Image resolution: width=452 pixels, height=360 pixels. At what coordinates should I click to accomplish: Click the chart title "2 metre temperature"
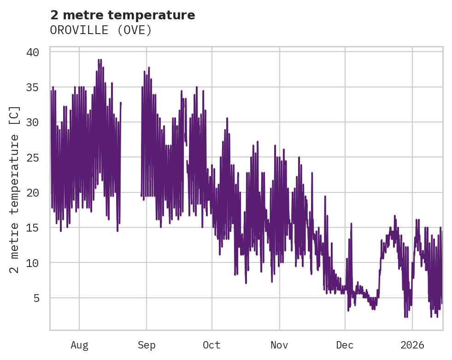[123, 15]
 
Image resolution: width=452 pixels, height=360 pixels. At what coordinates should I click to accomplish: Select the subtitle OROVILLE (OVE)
[101, 30]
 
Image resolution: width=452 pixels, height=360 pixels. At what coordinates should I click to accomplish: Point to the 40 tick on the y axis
[32, 52]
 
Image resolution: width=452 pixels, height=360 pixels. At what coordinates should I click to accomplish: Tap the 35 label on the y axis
[32, 87]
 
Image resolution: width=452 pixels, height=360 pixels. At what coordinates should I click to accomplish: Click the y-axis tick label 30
[32, 122]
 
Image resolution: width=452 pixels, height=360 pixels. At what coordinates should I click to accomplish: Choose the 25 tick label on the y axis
[32, 157]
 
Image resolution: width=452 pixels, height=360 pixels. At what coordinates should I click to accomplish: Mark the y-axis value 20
[32, 192]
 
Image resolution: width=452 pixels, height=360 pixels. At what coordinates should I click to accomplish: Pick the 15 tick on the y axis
[32, 228]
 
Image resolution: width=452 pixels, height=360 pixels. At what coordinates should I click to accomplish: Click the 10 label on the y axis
[32, 263]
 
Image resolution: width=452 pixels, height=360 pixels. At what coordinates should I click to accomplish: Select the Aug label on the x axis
[79, 345]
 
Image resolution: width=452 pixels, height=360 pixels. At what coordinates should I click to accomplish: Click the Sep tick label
[147, 345]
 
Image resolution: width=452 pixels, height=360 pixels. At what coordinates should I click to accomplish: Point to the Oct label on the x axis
[212, 345]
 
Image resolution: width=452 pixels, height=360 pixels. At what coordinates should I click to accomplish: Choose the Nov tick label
[279, 345]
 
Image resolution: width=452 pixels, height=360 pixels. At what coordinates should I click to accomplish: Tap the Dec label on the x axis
[345, 345]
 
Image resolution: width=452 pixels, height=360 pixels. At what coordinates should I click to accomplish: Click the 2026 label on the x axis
[412, 345]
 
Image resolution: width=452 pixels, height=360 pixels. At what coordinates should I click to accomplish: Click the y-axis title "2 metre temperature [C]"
[15, 190]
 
